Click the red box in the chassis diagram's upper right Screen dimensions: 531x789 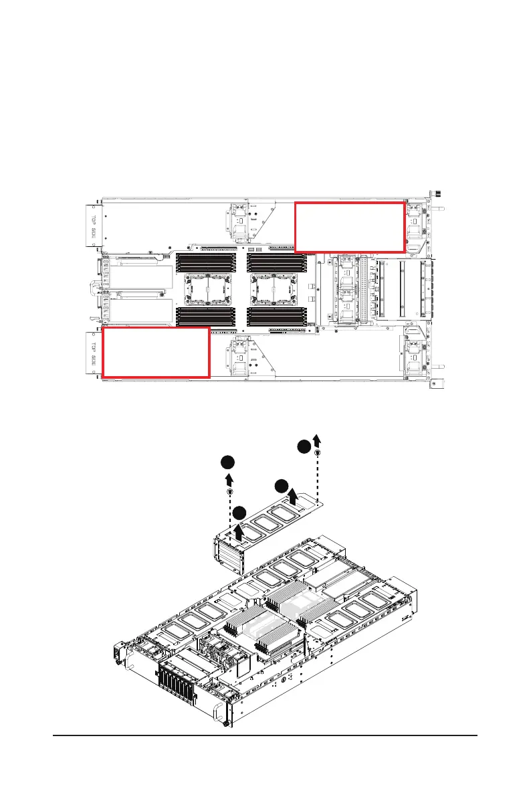[x=350, y=226]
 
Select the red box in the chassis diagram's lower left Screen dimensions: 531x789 [x=156, y=353]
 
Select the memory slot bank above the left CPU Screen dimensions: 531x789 [x=205, y=262]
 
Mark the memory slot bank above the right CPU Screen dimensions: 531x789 [x=276, y=262]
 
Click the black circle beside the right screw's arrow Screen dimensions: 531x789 [x=304, y=446]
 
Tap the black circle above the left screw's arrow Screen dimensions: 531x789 [x=228, y=463]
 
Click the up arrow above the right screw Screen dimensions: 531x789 [x=317, y=440]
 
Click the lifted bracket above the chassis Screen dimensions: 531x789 [x=268, y=529]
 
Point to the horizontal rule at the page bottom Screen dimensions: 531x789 [x=265, y=737]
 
